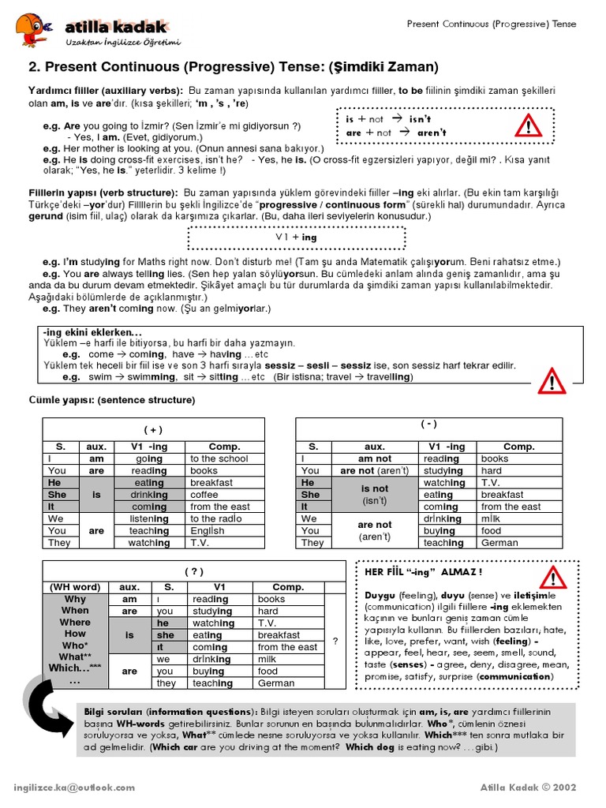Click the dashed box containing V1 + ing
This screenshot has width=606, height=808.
click(x=296, y=238)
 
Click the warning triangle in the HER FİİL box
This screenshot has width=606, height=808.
click(x=555, y=581)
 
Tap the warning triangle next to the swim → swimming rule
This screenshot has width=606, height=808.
click(x=552, y=383)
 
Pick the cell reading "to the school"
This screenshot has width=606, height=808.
click(x=219, y=458)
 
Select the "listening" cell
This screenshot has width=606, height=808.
click(x=149, y=518)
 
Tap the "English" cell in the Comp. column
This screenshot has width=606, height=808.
click(x=207, y=531)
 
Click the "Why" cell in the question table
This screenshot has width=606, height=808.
click(x=75, y=599)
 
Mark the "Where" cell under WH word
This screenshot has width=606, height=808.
click(x=75, y=623)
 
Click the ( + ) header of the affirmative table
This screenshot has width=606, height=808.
click(x=153, y=429)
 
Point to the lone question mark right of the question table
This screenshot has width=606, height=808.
click(x=335, y=642)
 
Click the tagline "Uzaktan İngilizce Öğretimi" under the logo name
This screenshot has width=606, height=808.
click(x=124, y=41)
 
